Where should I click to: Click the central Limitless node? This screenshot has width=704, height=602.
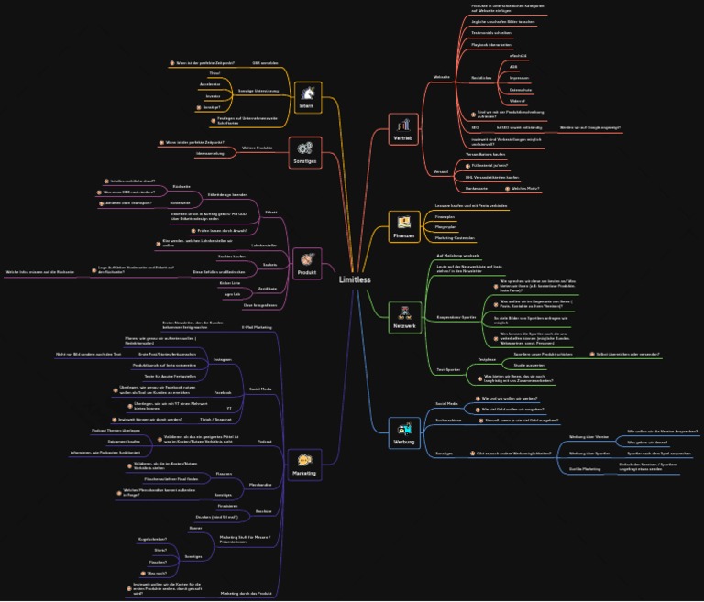[x=354, y=279]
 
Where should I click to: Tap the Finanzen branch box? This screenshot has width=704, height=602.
[x=404, y=226]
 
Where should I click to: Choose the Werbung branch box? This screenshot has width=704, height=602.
[x=404, y=432]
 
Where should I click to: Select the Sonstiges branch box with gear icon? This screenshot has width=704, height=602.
[x=305, y=150]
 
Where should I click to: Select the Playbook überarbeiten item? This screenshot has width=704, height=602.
[x=491, y=44]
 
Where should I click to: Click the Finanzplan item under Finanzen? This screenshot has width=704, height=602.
[x=445, y=216]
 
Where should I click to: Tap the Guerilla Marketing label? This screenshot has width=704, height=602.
[x=585, y=468]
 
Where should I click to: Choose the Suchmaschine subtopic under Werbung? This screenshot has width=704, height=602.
[x=448, y=421]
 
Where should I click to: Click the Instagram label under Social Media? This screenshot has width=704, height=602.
[x=222, y=359]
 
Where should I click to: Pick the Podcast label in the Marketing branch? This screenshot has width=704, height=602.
[x=264, y=441]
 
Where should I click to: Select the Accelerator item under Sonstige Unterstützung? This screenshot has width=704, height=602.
[x=210, y=83]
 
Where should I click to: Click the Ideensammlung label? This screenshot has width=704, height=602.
[x=210, y=153]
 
